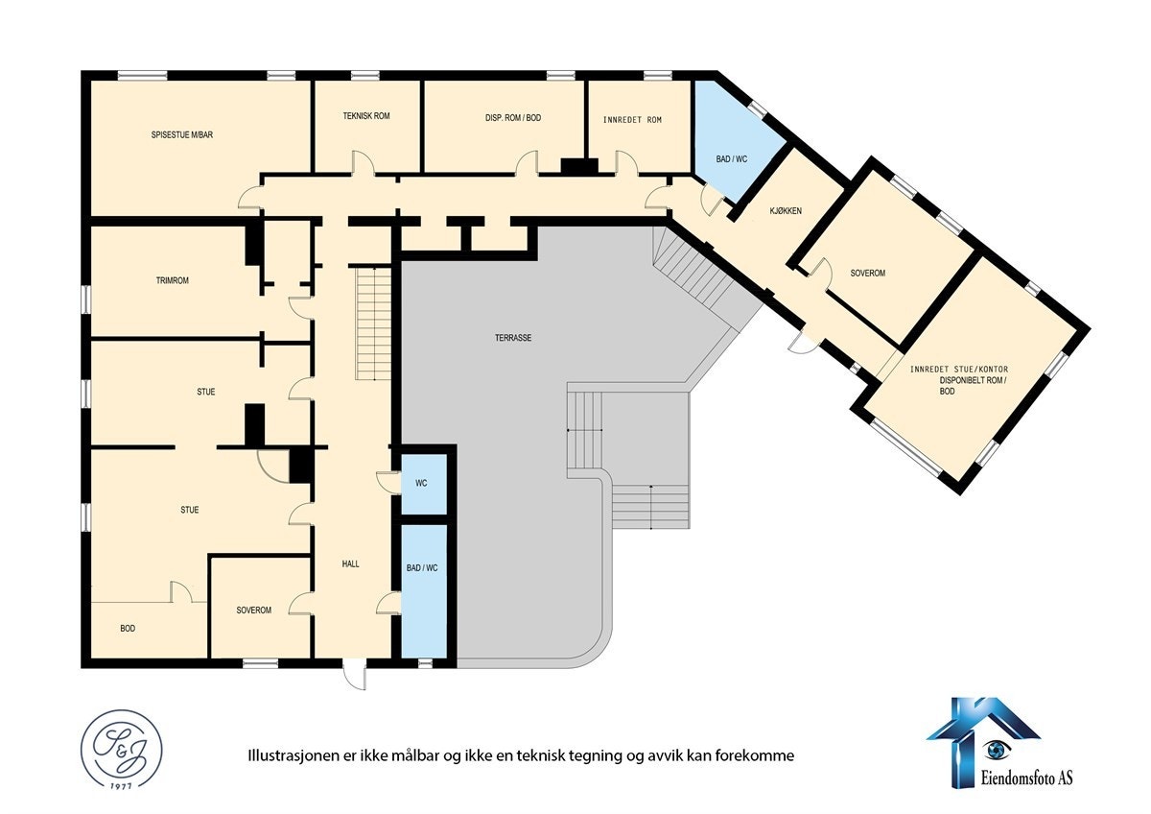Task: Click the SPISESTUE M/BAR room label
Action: [181, 135]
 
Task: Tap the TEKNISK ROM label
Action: [366, 116]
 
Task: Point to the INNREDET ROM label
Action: [632, 120]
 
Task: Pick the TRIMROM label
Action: [172, 281]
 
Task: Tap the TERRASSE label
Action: [513, 338]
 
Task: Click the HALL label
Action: [350, 563]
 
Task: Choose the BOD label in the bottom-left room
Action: [128, 629]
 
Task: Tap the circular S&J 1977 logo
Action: [121, 750]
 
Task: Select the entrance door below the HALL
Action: [354, 673]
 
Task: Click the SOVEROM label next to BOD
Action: [254, 610]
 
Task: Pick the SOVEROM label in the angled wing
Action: [867, 274]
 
